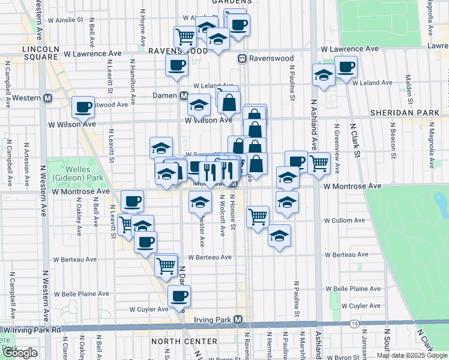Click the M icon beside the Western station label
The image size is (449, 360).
[x=47, y=98]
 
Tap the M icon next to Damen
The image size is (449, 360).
[x=184, y=95]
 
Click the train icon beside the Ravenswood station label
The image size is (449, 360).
[x=243, y=59]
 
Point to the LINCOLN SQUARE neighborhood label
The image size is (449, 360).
[x=41, y=52]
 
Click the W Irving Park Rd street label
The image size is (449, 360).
[x=32, y=329]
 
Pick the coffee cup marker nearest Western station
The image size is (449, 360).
[x=83, y=107]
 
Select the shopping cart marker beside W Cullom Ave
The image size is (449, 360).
[x=258, y=216]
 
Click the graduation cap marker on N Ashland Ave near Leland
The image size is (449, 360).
[x=324, y=76]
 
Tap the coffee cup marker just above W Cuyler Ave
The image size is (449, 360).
[x=178, y=295]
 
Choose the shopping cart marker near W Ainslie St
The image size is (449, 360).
[x=185, y=37]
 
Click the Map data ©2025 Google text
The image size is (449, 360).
[x=411, y=355]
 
